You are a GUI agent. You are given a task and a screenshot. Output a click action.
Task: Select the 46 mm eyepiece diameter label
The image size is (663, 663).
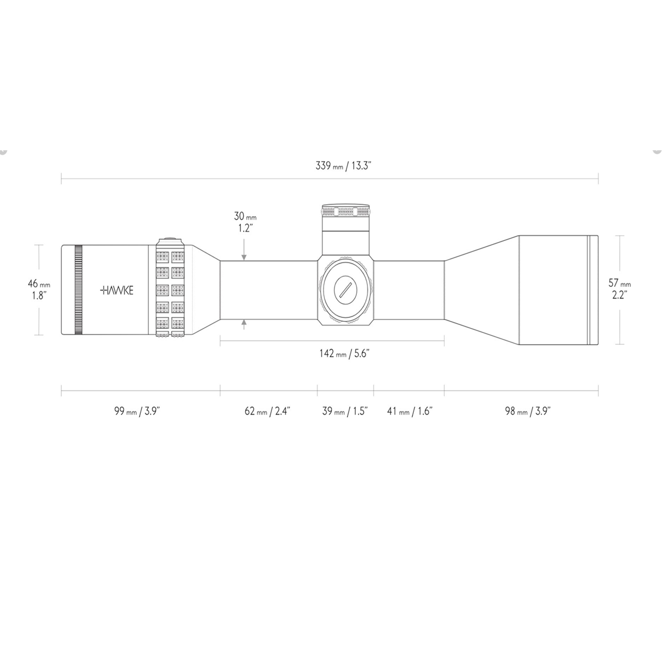pos(39,289)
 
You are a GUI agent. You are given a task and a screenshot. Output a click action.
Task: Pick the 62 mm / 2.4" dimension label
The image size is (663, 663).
pos(267,411)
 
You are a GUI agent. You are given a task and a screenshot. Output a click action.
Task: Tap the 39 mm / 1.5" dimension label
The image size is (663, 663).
pos(345,411)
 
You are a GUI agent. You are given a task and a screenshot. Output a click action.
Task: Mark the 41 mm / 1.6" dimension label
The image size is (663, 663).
pos(409,411)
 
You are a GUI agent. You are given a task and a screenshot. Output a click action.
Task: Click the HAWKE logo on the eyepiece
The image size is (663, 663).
pos(117,290)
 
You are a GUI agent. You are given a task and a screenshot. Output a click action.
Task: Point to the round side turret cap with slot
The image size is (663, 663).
pos(345,288)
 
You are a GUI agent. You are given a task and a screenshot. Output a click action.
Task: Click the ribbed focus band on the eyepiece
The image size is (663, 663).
pos(78,290)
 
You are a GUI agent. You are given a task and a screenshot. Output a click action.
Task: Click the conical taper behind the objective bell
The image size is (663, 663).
pos(481,290)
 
